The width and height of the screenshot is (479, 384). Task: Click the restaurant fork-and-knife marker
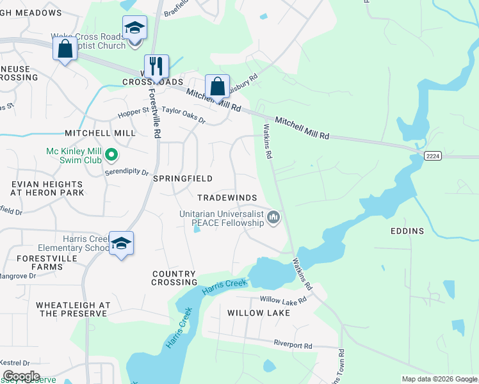click(x=156, y=66)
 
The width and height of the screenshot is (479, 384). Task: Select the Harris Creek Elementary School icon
click(x=121, y=244)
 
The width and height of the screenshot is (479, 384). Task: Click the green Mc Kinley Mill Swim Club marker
click(x=111, y=154)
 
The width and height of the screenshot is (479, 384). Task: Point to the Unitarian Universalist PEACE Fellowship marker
click(x=273, y=218)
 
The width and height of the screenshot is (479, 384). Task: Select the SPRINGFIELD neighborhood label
click(x=183, y=179)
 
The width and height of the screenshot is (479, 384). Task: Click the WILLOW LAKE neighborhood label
click(x=259, y=313)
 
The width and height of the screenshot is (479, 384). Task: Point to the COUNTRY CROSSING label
click(x=174, y=278)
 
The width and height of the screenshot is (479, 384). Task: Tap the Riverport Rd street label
click(x=293, y=345)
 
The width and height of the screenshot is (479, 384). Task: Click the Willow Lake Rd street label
click(x=285, y=300)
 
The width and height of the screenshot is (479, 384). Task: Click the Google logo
click(x=20, y=376)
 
